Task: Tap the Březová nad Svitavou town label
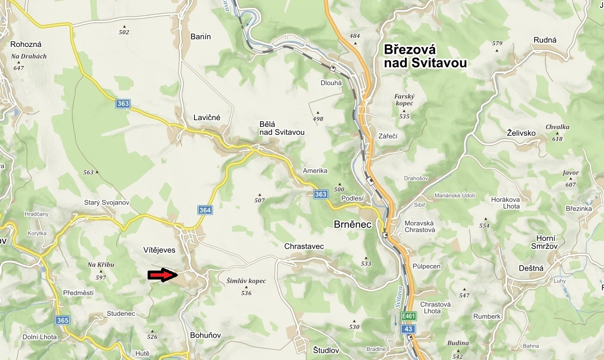[425, 56]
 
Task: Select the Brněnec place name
[353, 224]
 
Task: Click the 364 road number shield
[205, 210]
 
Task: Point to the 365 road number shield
[63, 320]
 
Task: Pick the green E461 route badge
[409, 316]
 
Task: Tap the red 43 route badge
[409, 329]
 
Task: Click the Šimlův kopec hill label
[246, 281]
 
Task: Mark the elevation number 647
[19, 68]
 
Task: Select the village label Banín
[201, 37]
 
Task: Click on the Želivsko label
[521, 133]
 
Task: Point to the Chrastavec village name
[304, 246]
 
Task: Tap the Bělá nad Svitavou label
[282, 128]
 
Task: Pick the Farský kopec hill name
[404, 100]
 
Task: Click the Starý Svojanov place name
[106, 202]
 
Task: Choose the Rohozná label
[26, 44]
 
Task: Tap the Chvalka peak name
[558, 127]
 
